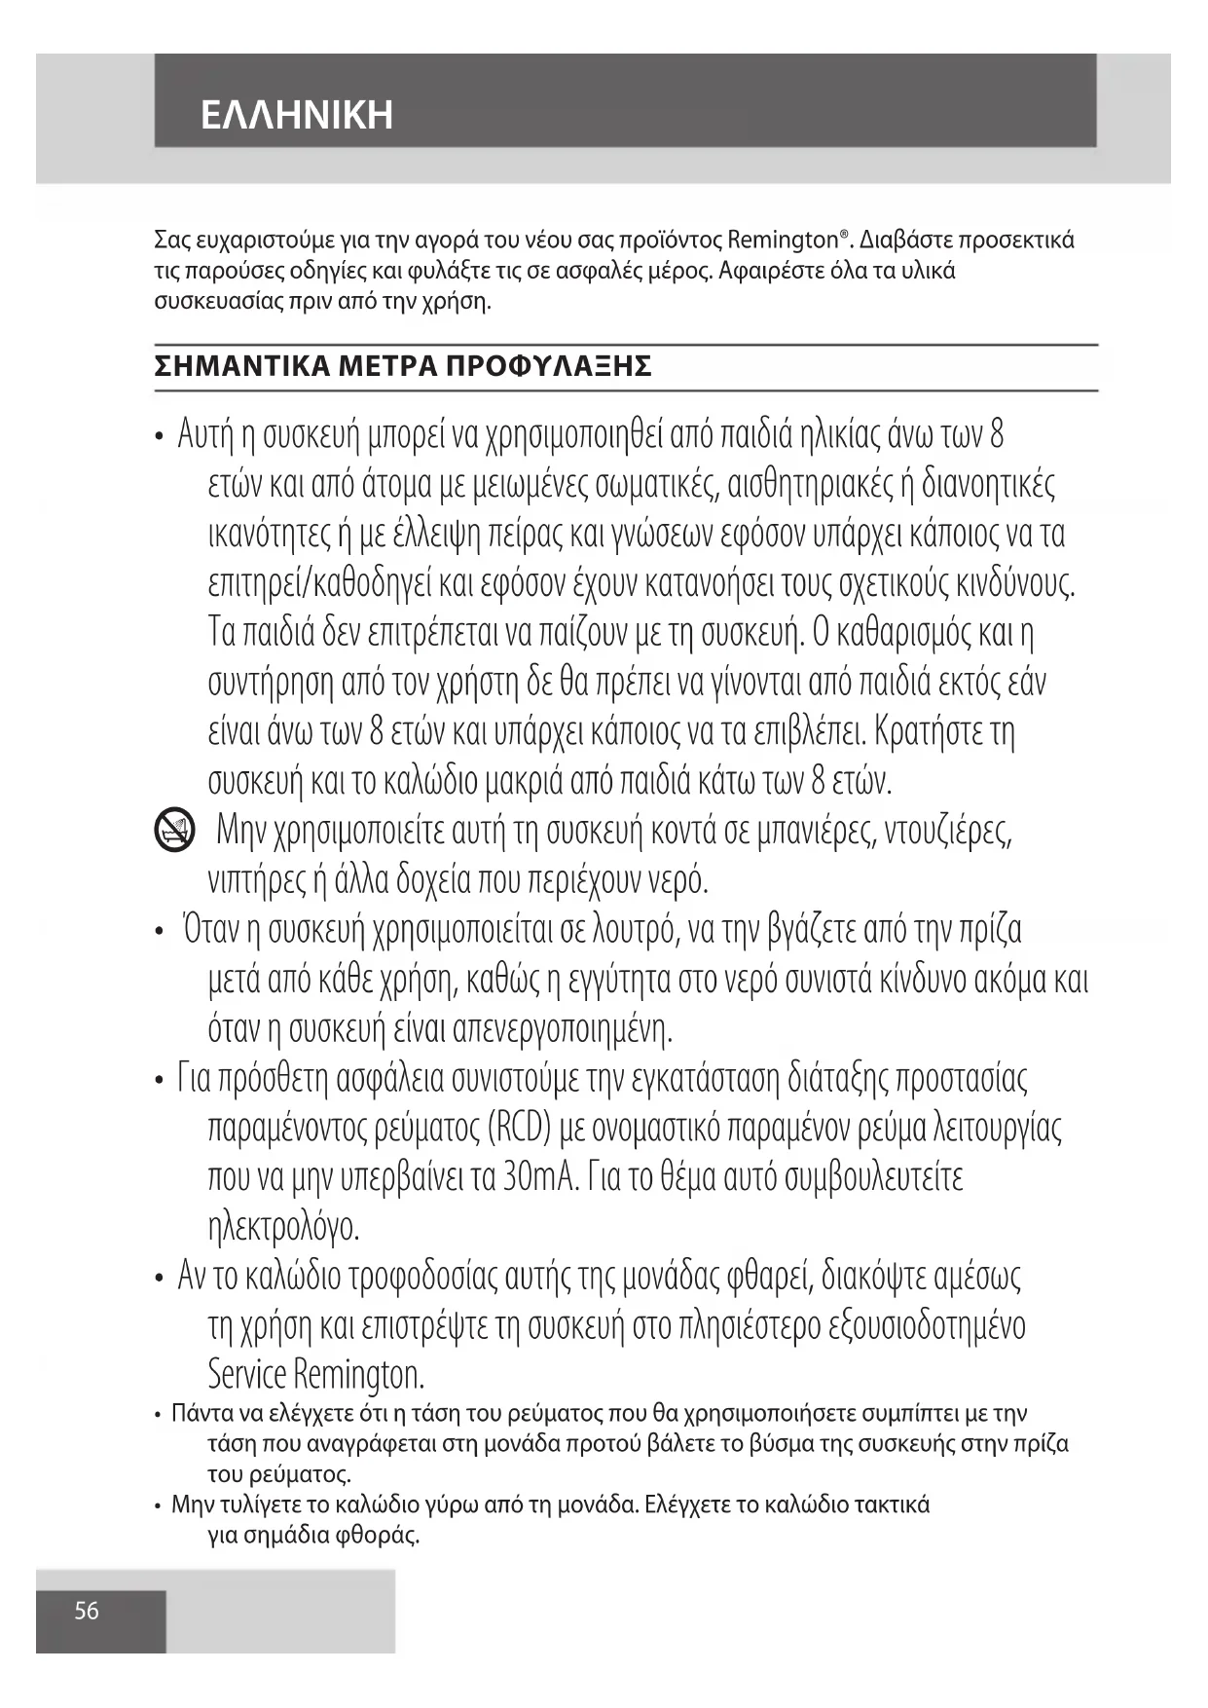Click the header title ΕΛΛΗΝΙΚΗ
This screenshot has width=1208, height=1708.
coord(297,115)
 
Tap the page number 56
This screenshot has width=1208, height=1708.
coord(87,1611)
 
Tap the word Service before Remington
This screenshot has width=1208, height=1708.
coord(247,1375)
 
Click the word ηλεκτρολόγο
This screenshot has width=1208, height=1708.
coord(284,1227)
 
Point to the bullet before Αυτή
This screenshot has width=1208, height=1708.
coord(159,436)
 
